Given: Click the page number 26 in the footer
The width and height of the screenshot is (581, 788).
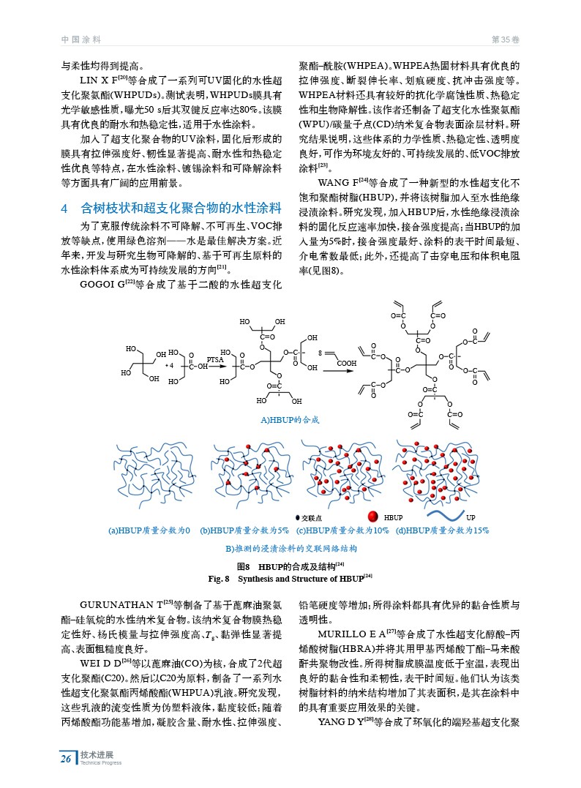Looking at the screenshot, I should tap(66, 759).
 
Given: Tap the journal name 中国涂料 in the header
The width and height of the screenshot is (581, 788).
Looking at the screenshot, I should tap(80, 39).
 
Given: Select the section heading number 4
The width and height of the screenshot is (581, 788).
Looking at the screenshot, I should tap(64, 209).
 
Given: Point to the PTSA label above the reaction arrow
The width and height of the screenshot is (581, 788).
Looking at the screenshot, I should tap(214, 359).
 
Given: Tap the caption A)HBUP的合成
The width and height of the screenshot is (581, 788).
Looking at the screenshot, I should tap(290, 420).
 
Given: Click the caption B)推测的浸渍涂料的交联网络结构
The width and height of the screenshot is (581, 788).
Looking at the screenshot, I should tap(290, 548).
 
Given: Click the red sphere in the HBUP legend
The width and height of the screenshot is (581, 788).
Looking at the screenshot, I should tap(372, 517).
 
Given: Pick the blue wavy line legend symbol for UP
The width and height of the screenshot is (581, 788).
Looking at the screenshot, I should tap(443, 517).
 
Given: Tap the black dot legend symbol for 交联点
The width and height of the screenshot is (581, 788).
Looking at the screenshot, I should tap(298, 518).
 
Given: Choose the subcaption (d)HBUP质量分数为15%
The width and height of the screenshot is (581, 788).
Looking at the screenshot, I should tap(441, 530).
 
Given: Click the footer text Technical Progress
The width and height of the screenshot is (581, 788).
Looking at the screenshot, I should tap(101, 763).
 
